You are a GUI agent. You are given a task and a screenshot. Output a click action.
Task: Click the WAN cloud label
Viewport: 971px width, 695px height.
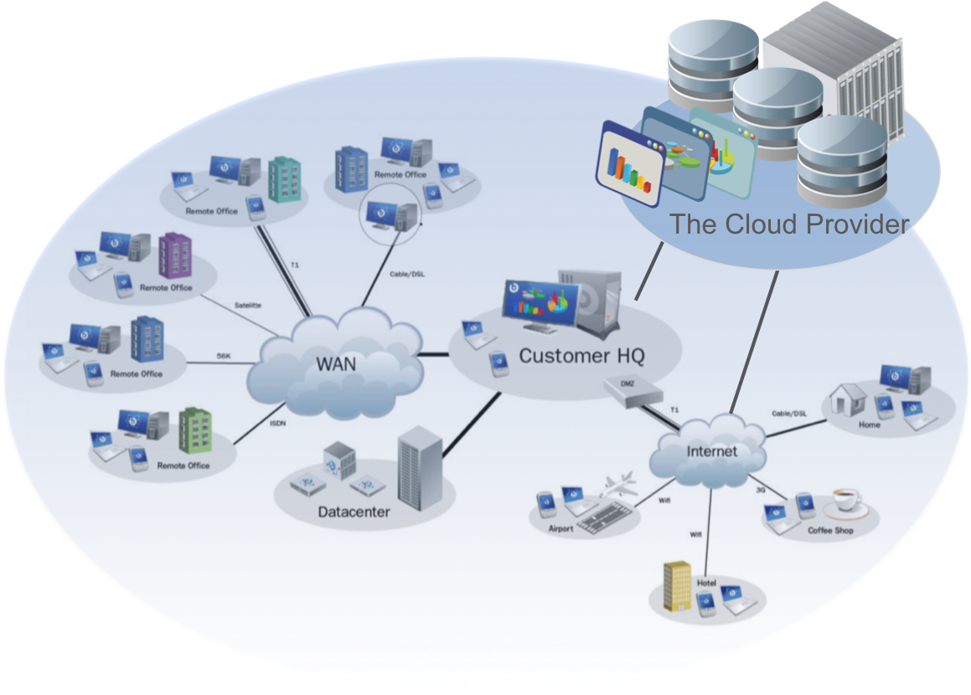pos(335,363)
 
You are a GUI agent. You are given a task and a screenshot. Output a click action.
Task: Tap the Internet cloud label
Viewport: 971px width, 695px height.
pos(711,451)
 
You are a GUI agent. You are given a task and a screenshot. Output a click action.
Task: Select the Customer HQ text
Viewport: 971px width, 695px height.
pos(581,355)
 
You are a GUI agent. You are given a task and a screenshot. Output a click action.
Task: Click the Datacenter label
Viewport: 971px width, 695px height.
pos(354,511)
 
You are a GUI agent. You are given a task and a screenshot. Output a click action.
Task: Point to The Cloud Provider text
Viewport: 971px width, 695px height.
pos(788,224)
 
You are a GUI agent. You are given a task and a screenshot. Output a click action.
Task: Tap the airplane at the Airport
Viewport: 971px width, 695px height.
pos(618,485)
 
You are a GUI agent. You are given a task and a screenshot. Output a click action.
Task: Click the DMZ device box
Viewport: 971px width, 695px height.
pos(633,392)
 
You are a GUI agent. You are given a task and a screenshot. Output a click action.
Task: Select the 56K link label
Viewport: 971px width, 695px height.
pos(223,355)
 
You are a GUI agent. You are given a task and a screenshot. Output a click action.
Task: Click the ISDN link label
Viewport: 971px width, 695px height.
pos(278,423)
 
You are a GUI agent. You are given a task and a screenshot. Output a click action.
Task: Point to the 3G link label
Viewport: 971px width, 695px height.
pos(761,490)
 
